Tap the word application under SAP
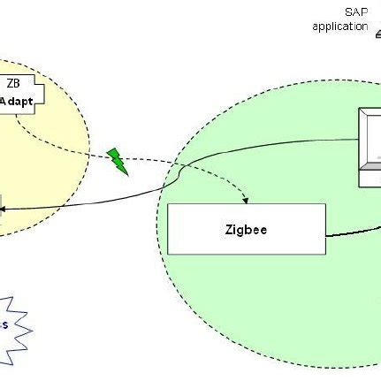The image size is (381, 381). click(x=339, y=26)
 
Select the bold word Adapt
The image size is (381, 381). click(x=17, y=101)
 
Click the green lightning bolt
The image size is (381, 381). click(x=117, y=161)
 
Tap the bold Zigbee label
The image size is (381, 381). click(x=246, y=230)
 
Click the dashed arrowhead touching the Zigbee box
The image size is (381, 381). click(x=250, y=201)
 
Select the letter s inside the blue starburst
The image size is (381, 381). click(x=4, y=324)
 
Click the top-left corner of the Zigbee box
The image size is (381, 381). click(x=169, y=205)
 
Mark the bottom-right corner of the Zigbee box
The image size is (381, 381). click(x=325, y=255)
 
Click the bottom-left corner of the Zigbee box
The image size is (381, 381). click(x=169, y=255)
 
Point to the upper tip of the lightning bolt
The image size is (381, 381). click(x=109, y=150)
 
